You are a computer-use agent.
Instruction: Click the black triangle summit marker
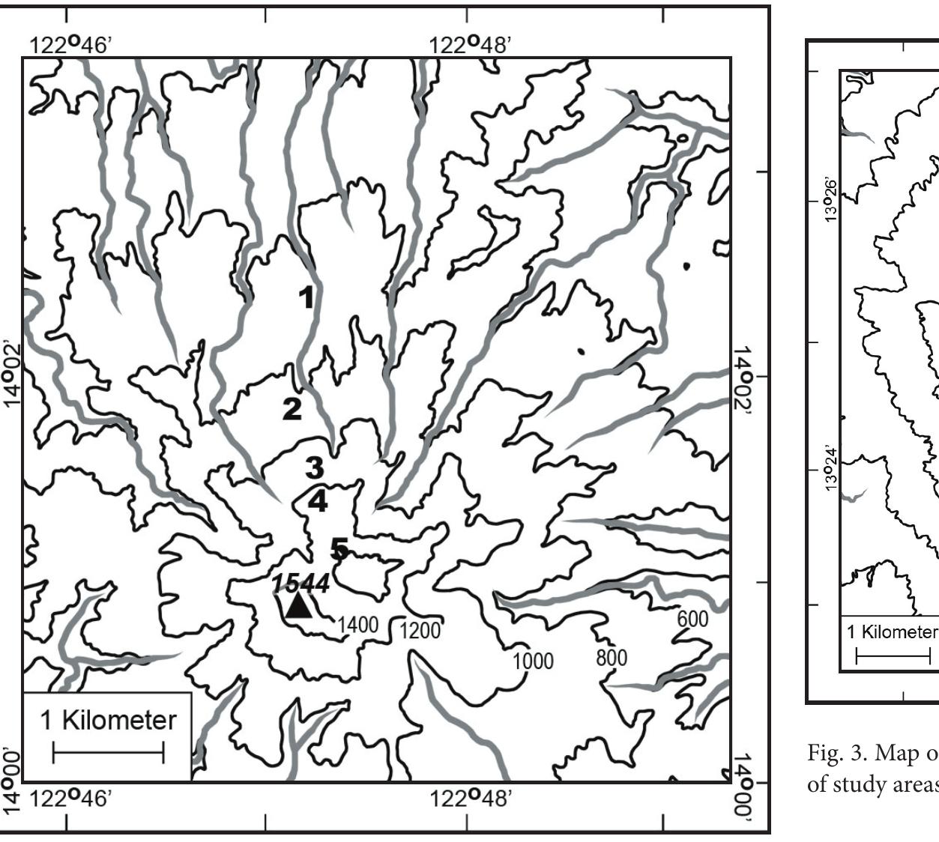tap(299, 605)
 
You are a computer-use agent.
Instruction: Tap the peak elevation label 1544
tap(301, 583)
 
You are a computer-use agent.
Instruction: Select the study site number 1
tap(307, 297)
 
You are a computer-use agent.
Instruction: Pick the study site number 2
tap(292, 409)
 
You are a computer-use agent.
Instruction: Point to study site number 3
tap(314, 468)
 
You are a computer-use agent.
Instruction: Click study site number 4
tap(318, 500)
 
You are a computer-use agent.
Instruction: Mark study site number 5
tap(339, 550)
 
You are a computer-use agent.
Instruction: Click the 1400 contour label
tap(357, 625)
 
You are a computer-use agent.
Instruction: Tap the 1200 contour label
tap(419, 630)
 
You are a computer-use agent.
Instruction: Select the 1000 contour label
tap(533, 661)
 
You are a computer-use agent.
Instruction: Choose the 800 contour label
tap(612, 658)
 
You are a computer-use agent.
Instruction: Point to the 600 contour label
tap(692, 619)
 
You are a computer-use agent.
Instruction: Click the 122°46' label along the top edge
tap(70, 45)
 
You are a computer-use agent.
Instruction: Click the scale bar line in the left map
tap(108, 753)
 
